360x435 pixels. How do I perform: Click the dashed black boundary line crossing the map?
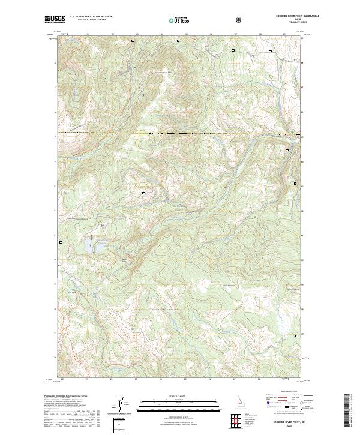pos(180,133)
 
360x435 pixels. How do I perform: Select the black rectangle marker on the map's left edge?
pos(61,242)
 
